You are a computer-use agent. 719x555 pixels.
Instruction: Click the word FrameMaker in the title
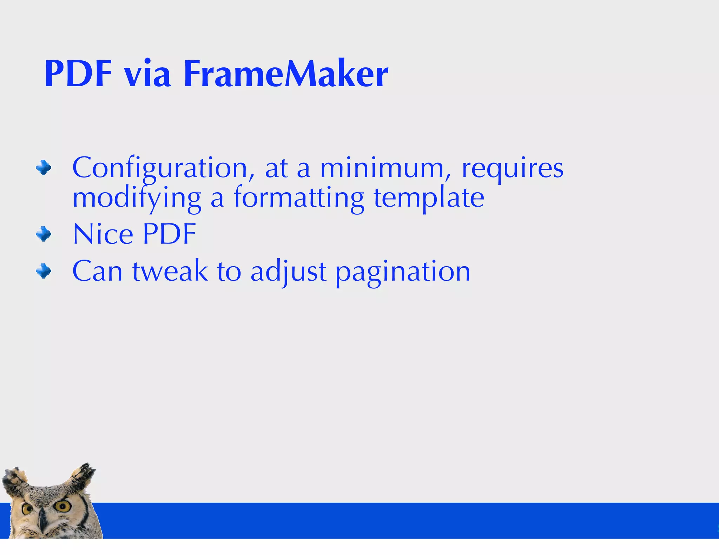click(285, 74)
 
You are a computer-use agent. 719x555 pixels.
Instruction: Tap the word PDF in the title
click(78, 74)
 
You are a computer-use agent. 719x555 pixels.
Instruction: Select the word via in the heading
click(147, 75)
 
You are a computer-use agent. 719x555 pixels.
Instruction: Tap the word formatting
click(299, 198)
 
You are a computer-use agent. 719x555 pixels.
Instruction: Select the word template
click(429, 199)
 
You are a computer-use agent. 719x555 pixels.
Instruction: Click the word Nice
click(103, 234)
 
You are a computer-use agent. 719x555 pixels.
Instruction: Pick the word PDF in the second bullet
click(170, 234)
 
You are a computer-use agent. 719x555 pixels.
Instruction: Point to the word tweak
click(170, 271)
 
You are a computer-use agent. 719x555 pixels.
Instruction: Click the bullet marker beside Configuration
click(44, 168)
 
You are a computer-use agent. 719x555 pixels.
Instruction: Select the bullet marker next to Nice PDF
click(44, 234)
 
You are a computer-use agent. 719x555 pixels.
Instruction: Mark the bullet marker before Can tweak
click(44, 271)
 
